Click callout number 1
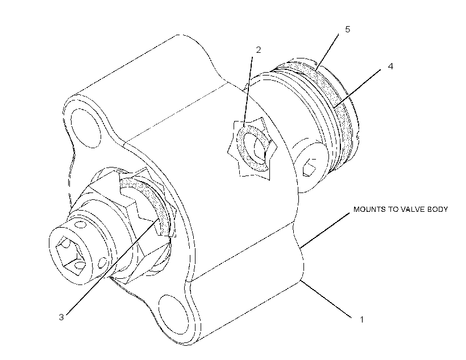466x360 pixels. tap(361, 320)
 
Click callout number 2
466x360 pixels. tap(258, 50)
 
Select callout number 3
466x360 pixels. tap(61, 317)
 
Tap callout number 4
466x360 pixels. tap(390, 66)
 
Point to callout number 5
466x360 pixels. tap(347, 29)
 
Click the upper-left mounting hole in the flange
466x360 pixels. tap(86, 128)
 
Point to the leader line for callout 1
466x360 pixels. tap(327, 299)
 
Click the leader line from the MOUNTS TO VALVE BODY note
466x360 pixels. tap(325, 230)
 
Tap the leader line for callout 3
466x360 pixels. tap(112, 267)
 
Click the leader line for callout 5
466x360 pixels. tap(327, 52)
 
